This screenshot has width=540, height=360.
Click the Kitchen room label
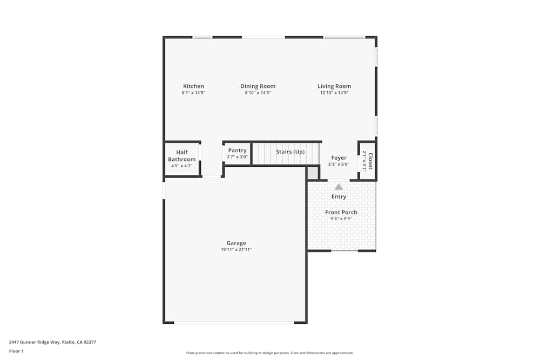pyautogui.click(x=193, y=86)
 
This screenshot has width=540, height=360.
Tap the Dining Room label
pyautogui.click(x=258, y=86)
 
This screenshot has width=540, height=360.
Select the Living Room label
pyautogui.click(x=334, y=86)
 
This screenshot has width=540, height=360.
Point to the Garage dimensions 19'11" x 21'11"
pyautogui.click(x=236, y=250)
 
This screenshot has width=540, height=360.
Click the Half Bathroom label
pyautogui.click(x=181, y=156)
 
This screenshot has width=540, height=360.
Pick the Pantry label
pyautogui.click(x=237, y=151)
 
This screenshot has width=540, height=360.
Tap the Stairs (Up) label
pyautogui.click(x=290, y=152)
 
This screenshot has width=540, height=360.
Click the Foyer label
pyautogui.click(x=339, y=158)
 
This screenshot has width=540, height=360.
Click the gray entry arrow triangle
pyautogui.click(x=339, y=187)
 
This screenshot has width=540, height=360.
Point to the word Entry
pyautogui.click(x=339, y=197)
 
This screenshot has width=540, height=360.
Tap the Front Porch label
pyautogui.click(x=341, y=213)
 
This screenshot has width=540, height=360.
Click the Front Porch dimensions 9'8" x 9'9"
pyautogui.click(x=341, y=219)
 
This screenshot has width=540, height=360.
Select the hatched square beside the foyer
pyautogui.click(x=313, y=173)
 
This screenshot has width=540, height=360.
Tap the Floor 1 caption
pyautogui.click(x=16, y=351)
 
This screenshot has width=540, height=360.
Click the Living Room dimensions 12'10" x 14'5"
pyautogui.click(x=334, y=93)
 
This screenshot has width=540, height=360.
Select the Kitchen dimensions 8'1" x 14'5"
pyautogui.click(x=193, y=93)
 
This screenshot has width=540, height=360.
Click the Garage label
pyautogui.click(x=236, y=243)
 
